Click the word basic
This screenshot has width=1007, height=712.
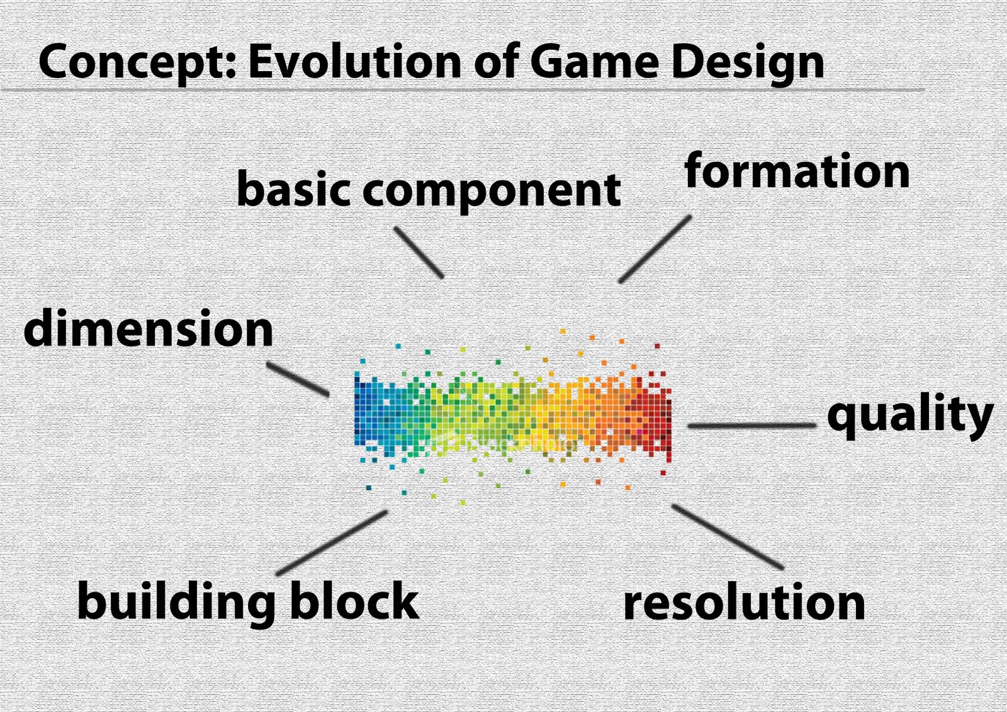point(293,188)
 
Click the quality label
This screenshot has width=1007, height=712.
point(910,417)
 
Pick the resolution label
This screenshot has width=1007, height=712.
point(744,601)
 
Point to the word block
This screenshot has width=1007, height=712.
point(355,600)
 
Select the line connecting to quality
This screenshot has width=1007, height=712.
point(751,425)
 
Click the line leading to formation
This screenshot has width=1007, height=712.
point(655,249)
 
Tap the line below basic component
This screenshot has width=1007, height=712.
point(419,252)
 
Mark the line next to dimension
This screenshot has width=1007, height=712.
point(298,379)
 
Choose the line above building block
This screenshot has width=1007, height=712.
point(332,543)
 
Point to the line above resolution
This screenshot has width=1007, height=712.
point(728,537)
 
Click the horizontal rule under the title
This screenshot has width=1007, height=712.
point(463,91)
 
